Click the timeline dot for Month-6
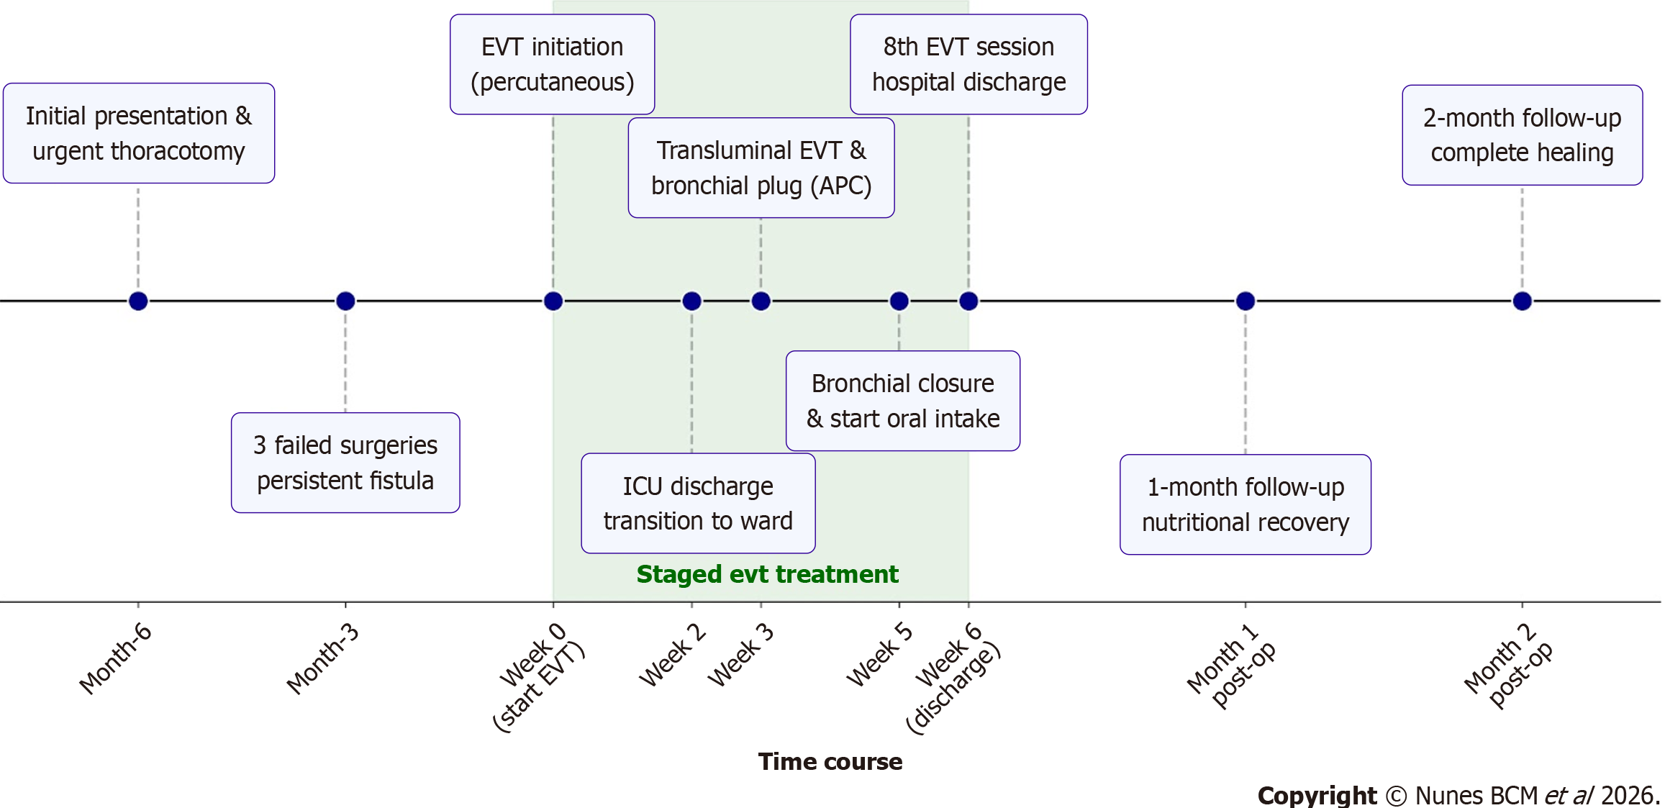tap(138, 301)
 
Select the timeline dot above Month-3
tap(345, 301)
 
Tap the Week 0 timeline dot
tap(553, 301)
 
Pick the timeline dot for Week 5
tap(899, 301)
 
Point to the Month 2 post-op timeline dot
tap(1522, 301)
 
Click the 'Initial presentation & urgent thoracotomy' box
tap(139, 133)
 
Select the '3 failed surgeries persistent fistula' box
tap(345, 463)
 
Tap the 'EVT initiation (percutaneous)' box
tap(553, 64)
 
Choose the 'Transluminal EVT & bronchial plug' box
tap(761, 168)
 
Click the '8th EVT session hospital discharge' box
tap(968, 64)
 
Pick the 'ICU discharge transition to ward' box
tap(698, 503)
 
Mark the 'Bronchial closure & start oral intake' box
tap(902, 401)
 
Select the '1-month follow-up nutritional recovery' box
tap(1245, 504)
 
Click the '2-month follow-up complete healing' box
tap(1522, 135)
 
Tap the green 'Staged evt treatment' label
tap(767, 574)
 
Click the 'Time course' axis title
tap(830, 761)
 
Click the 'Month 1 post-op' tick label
tap(1230, 666)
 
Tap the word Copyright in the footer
tap(1316, 795)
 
